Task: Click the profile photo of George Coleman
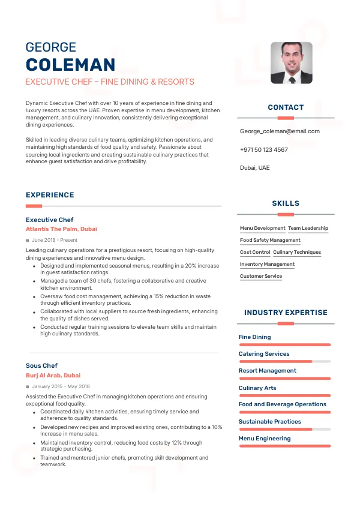click(x=291, y=62)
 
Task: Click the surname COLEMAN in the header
click(x=70, y=65)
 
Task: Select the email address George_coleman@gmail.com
click(x=280, y=131)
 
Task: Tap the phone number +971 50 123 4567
click(x=263, y=149)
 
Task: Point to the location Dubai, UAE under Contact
click(x=254, y=167)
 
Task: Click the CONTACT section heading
click(x=286, y=107)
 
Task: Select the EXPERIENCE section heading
click(x=50, y=195)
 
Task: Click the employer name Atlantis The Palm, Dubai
click(x=61, y=229)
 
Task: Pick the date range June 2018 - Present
click(x=55, y=240)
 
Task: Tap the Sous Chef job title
click(x=41, y=365)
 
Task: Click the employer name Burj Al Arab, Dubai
click(x=53, y=375)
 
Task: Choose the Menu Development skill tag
click(x=262, y=228)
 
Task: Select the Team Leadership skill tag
click(x=308, y=228)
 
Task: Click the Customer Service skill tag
click(x=260, y=276)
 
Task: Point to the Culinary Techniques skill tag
click(x=297, y=252)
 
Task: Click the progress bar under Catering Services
click(x=284, y=362)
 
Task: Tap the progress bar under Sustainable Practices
click(x=284, y=430)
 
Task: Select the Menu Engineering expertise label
click(x=264, y=438)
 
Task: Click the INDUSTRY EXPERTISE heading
click(x=286, y=313)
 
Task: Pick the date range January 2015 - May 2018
click(x=61, y=386)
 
